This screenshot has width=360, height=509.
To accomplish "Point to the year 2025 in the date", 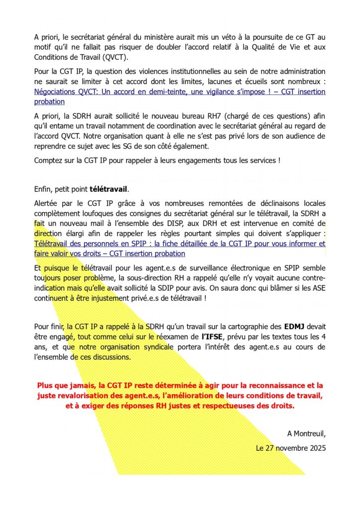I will click(317, 448).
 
